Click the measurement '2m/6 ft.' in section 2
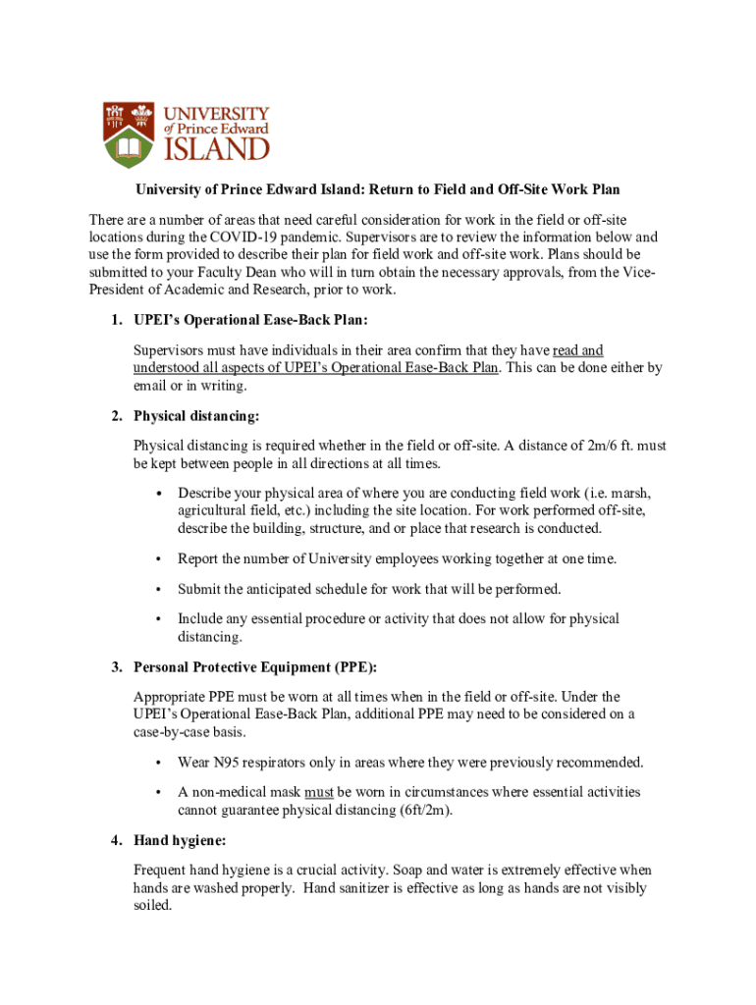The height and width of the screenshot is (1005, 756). [x=614, y=446]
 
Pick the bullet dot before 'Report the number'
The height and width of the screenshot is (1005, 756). [x=157, y=559]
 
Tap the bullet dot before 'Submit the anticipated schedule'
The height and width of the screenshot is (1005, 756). [x=157, y=590]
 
